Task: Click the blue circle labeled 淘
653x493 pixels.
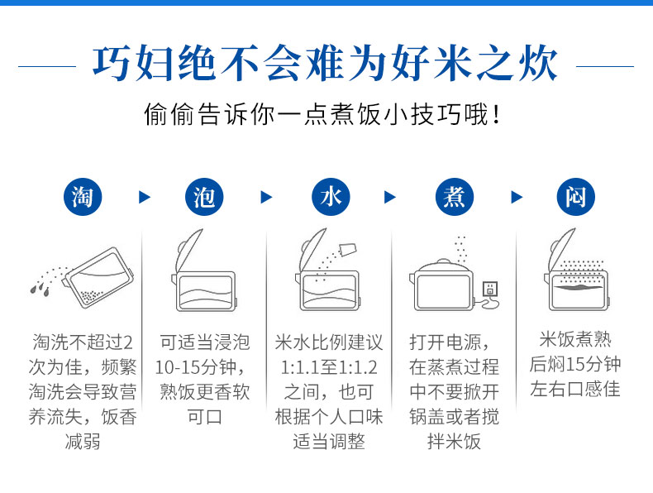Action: (x=83, y=197)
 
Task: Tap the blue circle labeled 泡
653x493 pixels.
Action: (x=204, y=197)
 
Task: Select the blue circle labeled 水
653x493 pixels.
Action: (x=331, y=197)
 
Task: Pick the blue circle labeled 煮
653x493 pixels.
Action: (x=455, y=197)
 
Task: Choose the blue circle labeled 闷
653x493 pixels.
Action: (x=576, y=197)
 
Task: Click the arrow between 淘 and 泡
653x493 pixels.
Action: (x=144, y=197)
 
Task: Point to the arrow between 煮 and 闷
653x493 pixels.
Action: (x=517, y=197)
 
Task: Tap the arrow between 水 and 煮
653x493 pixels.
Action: (x=390, y=197)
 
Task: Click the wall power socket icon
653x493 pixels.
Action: (x=490, y=289)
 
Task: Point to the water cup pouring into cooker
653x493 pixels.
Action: (x=348, y=250)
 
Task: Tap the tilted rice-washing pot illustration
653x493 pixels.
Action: (x=99, y=277)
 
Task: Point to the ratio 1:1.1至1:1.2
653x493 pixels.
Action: (x=329, y=367)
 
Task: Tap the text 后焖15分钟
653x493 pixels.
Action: (x=575, y=364)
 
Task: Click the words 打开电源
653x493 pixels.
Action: (x=445, y=342)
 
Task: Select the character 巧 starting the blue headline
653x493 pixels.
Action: (x=112, y=64)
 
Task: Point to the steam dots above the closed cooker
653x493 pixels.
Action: (x=460, y=248)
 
